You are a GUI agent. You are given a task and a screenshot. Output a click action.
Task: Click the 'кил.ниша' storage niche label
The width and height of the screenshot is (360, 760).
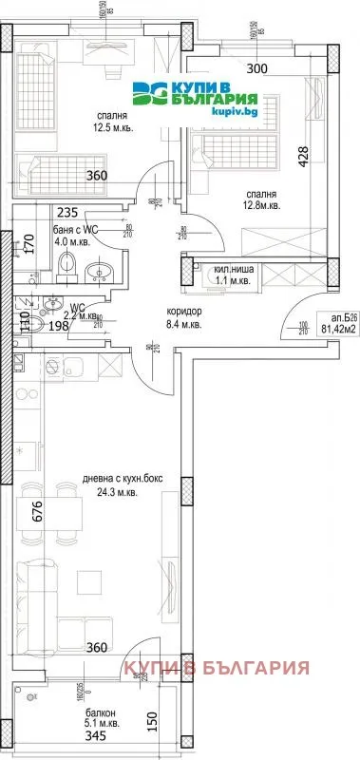[230, 269]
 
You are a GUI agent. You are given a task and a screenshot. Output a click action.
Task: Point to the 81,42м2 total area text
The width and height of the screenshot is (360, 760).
[337, 331]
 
